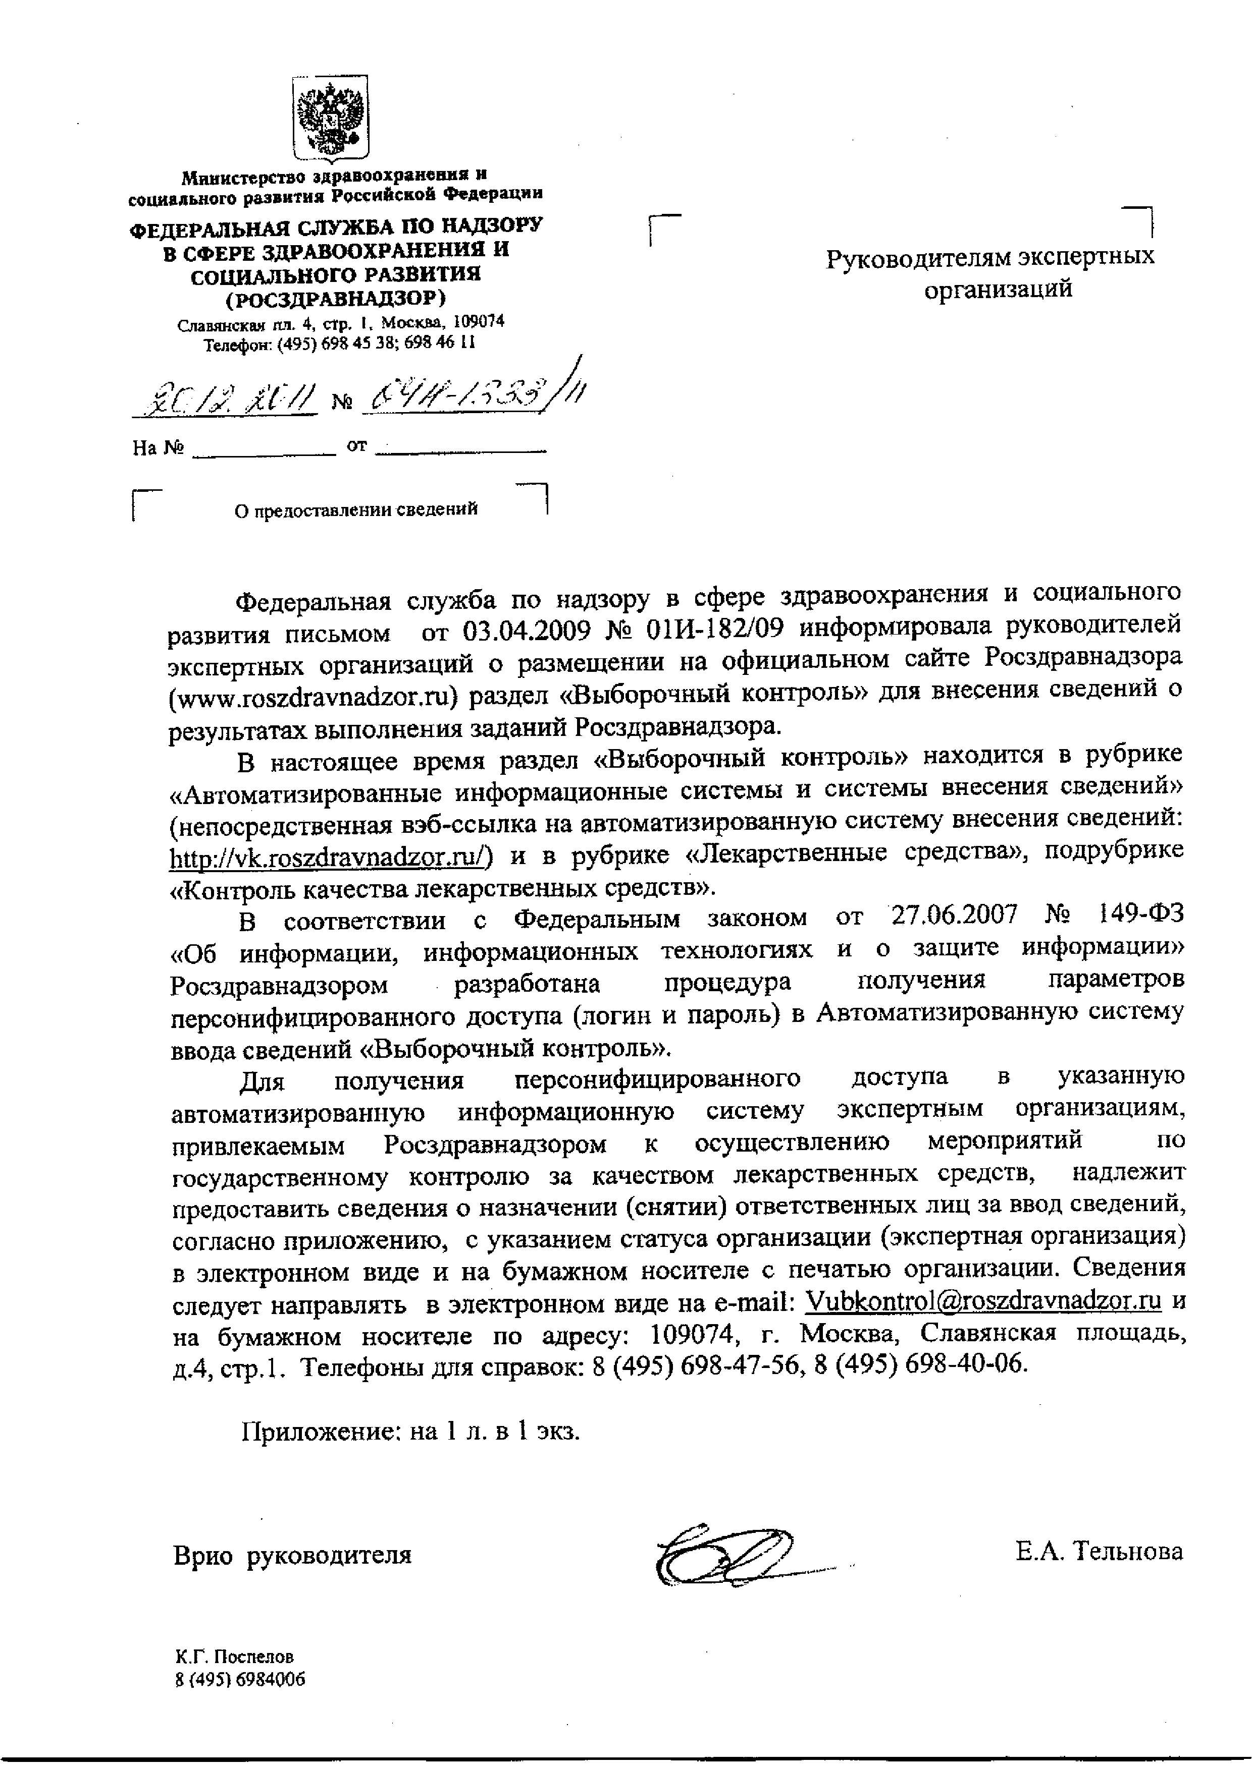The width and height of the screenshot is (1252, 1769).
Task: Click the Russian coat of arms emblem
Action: pos(331,118)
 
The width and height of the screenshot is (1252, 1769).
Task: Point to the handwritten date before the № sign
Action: pos(224,398)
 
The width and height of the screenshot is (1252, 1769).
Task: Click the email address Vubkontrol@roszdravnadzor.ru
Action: pos(983,1301)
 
